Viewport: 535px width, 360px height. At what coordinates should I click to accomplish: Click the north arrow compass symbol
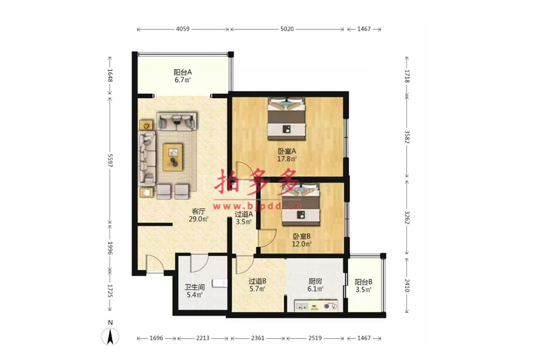(110, 336)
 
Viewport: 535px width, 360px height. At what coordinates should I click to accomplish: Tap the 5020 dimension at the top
(287, 29)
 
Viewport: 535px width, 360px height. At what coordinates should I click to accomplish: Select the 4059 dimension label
(182, 29)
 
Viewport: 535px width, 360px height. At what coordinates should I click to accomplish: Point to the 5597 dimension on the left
(110, 160)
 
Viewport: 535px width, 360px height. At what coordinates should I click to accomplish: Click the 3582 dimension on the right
(407, 137)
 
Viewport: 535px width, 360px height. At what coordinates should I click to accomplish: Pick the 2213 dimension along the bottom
(203, 338)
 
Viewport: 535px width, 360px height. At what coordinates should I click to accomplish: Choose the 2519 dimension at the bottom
(315, 338)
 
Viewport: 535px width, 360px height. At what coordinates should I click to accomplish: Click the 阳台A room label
(183, 72)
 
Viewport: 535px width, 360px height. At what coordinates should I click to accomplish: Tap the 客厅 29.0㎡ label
(199, 215)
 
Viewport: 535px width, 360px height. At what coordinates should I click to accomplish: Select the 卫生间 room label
(194, 287)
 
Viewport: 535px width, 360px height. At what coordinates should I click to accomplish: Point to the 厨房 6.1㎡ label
(315, 285)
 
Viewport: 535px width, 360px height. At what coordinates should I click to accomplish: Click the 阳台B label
(364, 282)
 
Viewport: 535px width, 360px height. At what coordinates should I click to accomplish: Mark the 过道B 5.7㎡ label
(257, 285)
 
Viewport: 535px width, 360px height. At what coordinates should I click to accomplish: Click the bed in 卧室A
(286, 119)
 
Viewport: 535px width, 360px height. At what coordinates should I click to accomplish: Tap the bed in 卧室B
(301, 204)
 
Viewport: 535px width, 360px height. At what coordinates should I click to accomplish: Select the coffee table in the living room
(173, 157)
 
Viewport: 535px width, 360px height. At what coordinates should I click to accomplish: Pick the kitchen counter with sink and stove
(316, 306)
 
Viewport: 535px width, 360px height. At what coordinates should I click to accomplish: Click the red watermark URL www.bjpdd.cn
(257, 206)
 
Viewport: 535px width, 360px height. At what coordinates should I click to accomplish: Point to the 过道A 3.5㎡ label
(244, 218)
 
